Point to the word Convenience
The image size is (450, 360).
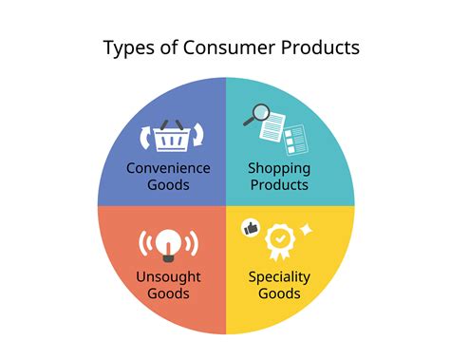(x=168, y=168)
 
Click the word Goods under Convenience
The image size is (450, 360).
(x=168, y=184)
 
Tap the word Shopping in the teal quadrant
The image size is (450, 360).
(x=279, y=168)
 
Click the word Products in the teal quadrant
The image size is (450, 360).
(x=279, y=184)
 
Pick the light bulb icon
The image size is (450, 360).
(x=167, y=244)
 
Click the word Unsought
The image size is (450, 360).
(x=168, y=277)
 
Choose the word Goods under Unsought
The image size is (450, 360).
(x=168, y=294)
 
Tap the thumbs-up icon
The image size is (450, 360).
(x=251, y=228)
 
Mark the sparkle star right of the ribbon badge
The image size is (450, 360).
(x=307, y=231)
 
